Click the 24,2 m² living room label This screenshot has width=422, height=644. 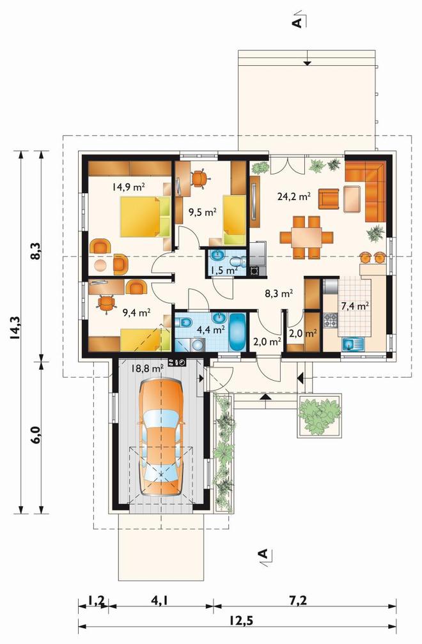pyautogui.click(x=293, y=196)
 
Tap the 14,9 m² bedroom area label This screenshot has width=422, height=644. pyautogui.click(x=128, y=187)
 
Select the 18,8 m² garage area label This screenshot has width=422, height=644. pyautogui.click(x=148, y=369)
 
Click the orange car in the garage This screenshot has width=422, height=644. pyautogui.click(x=160, y=438)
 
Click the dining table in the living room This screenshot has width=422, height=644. pyautogui.click(x=307, y=238)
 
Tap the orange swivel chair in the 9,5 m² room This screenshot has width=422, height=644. pyautogui.click(x=199, y=178)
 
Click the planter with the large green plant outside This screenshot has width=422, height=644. pyautogui.click(x=320, y=415)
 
